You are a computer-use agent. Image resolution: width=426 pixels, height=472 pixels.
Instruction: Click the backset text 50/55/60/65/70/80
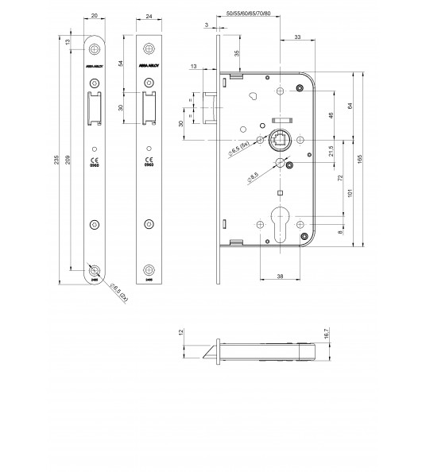[248, 14]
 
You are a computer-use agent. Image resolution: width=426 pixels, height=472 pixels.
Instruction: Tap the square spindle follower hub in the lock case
[281, 142]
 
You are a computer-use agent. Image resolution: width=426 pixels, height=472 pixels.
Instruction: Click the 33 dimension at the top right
[296, 37]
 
